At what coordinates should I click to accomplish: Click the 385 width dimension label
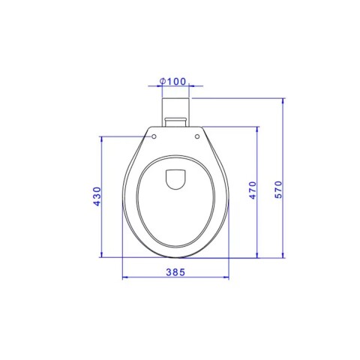pos(175,272)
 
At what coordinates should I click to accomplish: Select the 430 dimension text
pos(97,196)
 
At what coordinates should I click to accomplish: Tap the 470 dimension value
pos(253,190)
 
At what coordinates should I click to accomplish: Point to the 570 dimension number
pos(278,190)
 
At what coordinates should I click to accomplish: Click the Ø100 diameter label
pos(173,81)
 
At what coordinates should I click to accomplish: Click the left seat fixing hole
pos(154,136)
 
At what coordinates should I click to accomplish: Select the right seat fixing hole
pos(197,136)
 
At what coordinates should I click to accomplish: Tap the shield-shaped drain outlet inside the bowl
pos(175,179)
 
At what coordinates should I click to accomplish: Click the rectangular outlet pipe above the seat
pos(175,112)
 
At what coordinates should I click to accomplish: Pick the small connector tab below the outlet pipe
pos(175,121)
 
